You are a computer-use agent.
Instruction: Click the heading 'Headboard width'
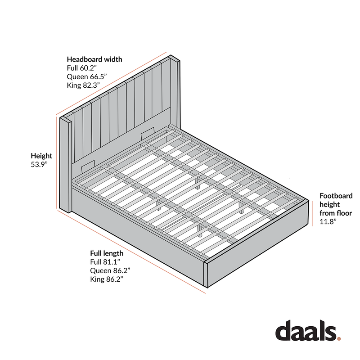pos(94,59)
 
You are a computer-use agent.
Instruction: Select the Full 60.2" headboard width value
pos(82,68)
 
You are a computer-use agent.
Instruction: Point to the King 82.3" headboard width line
pos(83,85)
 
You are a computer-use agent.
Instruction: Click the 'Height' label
pos(41,156)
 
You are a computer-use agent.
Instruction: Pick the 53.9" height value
pos(40,165)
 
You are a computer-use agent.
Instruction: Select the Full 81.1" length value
pos(105,263)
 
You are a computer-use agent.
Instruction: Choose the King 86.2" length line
pos(107,280)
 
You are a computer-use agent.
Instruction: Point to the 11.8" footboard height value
pos(328,222)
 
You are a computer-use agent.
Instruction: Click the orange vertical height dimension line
pos(57,162)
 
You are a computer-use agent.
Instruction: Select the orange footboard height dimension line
pos(313,214)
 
